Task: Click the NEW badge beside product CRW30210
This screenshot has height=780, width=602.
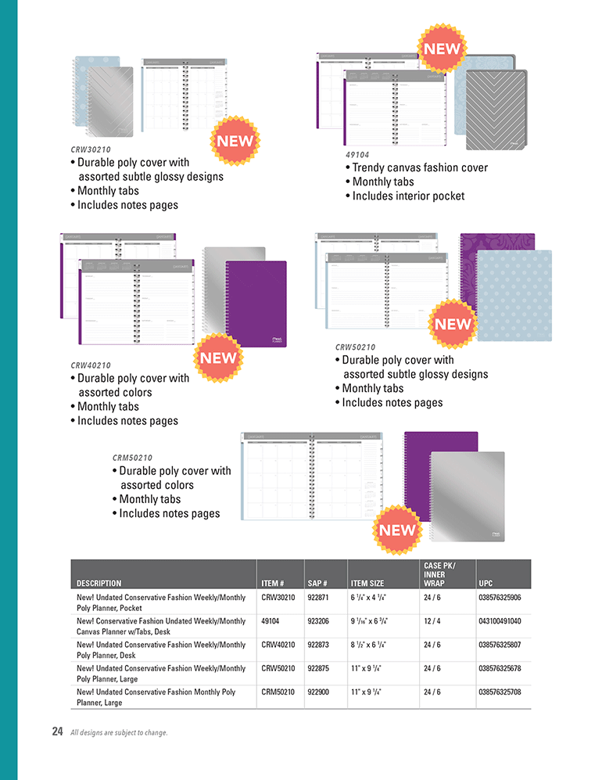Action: click(x=235, y=142)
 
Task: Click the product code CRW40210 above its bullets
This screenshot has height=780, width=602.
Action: click(x=90, y=365)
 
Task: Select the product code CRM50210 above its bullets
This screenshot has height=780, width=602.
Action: click(x=131, y=458)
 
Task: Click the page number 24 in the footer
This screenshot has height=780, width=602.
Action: click(x=57, y=732)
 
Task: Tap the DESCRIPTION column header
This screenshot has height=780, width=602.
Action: click(x=99, y=583)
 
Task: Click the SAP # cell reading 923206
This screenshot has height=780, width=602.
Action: click(x=322, y=620)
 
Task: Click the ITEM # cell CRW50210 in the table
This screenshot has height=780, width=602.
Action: click(x=278, y=669)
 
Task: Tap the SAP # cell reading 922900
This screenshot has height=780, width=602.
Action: click(x=322, y=692)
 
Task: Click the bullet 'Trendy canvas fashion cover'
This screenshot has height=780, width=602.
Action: click(x=419, y=167)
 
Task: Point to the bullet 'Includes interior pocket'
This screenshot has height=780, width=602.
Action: click(x=407, y=196)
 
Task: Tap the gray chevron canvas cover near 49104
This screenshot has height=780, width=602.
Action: click(x=496, y=110)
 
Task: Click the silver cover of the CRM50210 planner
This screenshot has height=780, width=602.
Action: click(x=468, y=497)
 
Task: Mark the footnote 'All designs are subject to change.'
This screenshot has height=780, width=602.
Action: click(x=119, y=733)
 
